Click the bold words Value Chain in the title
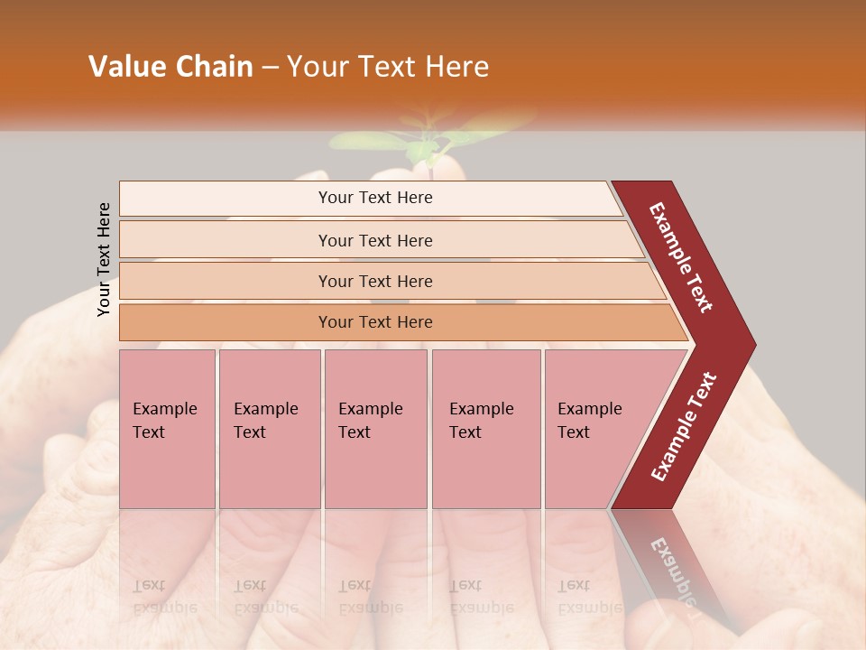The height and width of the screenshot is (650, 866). coord(170,67)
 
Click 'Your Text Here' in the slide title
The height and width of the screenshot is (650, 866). coord(388,67)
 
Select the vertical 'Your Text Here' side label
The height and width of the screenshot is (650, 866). coord(104,259)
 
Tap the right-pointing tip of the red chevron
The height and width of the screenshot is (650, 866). coord(745,345)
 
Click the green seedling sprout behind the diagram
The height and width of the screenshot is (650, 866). coord(424,144)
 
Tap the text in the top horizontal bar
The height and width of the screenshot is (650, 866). coord(375,198)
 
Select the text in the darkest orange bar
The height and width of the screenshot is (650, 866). coord(375,322)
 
